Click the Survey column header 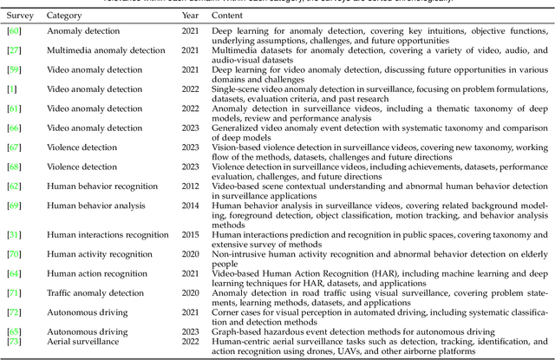(x=19, y=16)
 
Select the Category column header (x=65, y=16)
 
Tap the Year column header (x=190, y=16)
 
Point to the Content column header (x=230, y=16)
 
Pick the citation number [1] (x=11, y=89)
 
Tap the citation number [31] (x=14, y=235)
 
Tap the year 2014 (x=190, y=205)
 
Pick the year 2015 (x=190, y=235)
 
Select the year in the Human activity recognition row (x=190, y=254)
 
